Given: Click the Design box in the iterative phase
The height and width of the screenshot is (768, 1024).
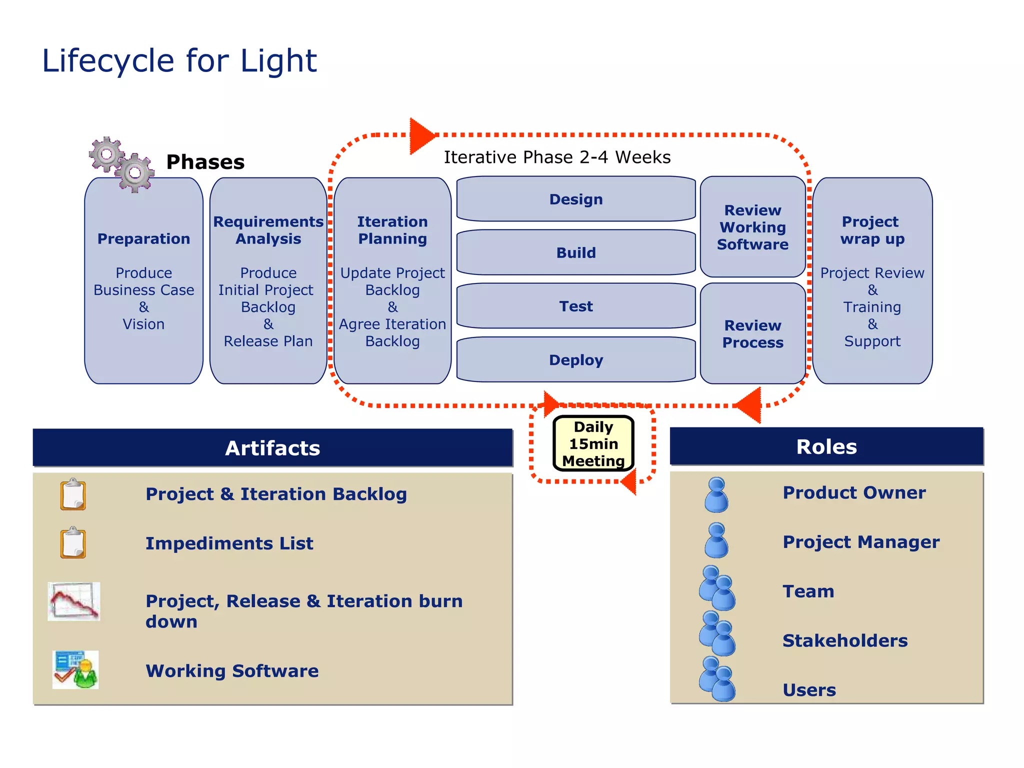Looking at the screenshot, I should click(576, 199).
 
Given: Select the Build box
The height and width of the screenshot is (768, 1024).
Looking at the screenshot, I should click(576, 252).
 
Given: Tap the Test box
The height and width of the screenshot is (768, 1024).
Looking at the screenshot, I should click(576, 306).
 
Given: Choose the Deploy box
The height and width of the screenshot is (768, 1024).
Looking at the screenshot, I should click(576, 360).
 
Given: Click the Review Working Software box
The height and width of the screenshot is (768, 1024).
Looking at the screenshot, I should click(752, 227).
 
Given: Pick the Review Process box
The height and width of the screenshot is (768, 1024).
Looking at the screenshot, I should click(752, 333).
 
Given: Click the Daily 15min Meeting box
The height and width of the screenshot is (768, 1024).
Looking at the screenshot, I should click(593, 443).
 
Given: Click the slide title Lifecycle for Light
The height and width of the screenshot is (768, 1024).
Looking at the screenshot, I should click(179, 61).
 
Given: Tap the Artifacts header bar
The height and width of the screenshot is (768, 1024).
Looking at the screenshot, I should click(272, 447).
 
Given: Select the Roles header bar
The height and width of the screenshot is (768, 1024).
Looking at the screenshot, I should click(826, 446).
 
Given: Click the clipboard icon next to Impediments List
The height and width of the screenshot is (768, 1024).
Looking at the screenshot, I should click(73, 542).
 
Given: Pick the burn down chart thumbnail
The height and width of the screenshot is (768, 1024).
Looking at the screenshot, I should click(74, 601).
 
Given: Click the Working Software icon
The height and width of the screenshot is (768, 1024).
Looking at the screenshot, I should click(75, 670).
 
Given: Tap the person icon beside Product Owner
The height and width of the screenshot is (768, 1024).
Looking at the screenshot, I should click(716, 494).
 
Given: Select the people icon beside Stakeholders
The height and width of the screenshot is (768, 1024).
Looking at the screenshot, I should click(717, 634).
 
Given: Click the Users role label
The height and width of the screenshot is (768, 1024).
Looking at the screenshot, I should click(809, 690).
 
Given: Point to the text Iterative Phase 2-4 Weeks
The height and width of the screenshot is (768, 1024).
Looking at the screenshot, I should click(557, 157).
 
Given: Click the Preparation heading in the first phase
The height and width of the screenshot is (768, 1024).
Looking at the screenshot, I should click(143, 239).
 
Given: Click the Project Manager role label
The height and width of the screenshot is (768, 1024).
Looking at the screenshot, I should click(861, 542).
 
